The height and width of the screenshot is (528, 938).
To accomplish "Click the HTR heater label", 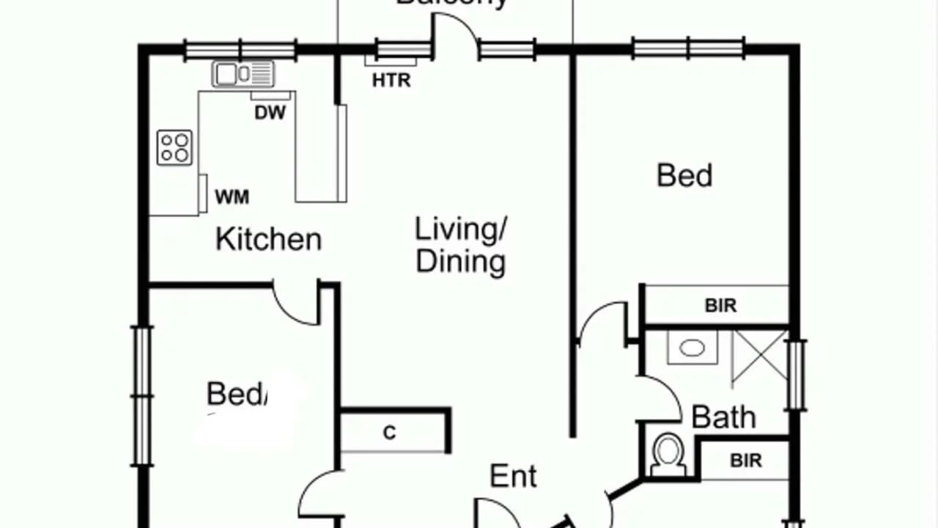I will tap(391, 81).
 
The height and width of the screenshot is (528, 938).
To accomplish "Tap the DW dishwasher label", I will tap(270, 113).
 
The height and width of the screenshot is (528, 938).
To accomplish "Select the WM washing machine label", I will tap(232, 197).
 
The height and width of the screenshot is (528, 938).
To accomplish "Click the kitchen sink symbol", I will tap(243, 74).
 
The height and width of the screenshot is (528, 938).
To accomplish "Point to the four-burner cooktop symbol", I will tap(175, 147).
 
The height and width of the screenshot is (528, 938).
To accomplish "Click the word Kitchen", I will tap(268, 240).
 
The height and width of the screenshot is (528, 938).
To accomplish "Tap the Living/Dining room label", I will tap(461, 245).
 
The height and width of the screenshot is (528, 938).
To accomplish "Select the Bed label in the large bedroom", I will tap(684, 176).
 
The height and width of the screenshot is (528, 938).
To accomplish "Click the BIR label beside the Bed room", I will tap(720, 306).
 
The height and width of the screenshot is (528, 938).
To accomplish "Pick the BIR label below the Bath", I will tap(745, 461).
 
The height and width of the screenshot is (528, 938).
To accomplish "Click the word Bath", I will tap(723, 417).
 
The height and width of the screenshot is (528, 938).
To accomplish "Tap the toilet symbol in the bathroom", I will tap(668, 455).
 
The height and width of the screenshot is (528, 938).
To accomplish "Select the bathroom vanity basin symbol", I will tap(692, 348).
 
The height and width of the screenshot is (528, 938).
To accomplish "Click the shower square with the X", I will tap(759, 358).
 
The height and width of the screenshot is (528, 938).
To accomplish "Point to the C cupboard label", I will tap(390, 433).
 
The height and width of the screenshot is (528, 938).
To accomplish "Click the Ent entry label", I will tap(513, 477).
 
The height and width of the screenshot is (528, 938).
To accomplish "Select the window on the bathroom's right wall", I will tap(796, 374).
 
